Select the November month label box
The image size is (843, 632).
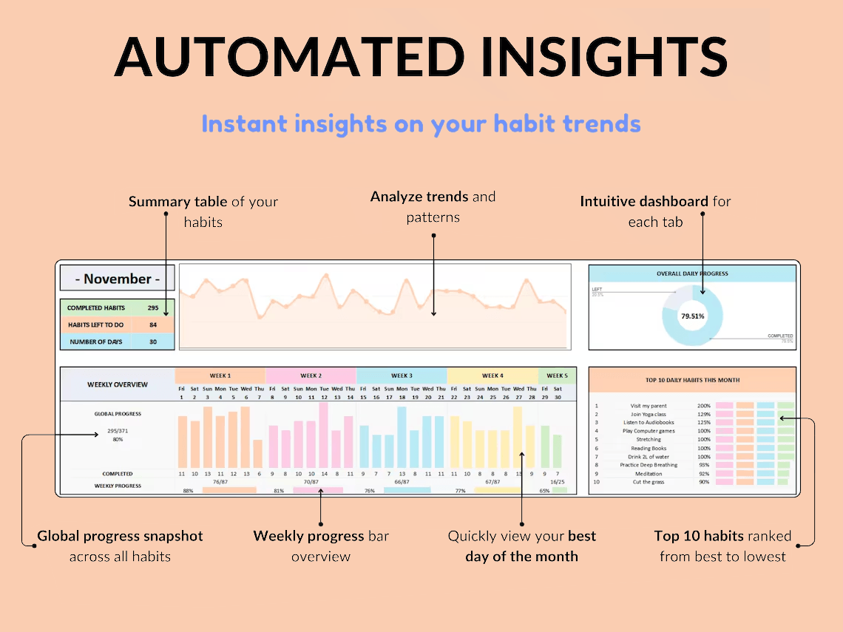pyautogui.click(x=118, y=279)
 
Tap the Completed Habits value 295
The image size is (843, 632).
pyautogui.click(x=153, y=307)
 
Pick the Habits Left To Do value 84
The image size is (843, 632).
pyautogui.click(x=153, y=325)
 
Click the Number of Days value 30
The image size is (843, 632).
pyautogui.click(x=153, y=342)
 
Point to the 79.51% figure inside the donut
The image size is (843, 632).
pyautogui.click(x=692, y=316)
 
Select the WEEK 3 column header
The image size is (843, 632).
pyautogui.click(x=402, y=376)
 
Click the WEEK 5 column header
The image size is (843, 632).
pyautogui.click(x=556, y=376)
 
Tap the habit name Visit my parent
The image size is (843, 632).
pyautogui.click(x=648, y=406)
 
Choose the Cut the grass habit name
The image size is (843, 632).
pyautogui.click(x=648, y=482)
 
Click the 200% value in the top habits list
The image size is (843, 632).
pyautogui.click(x=703, y=406)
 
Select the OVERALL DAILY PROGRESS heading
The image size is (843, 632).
pyautogui.click(x=692, y=273)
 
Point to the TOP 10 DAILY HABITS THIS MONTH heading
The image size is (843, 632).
pyautogui.click(x=692, y=380)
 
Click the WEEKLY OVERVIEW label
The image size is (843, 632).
pyautogui.click(x=118, y=384)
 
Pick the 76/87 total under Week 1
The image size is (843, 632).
pyautogui.click(x=220, y=481)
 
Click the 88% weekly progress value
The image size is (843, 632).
pyautogui.click(x=188, y=490)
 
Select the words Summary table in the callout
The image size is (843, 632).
pyautogui.click(x=177, y=202)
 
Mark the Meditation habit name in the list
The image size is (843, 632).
pyautogui.click(x=648, y=474)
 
